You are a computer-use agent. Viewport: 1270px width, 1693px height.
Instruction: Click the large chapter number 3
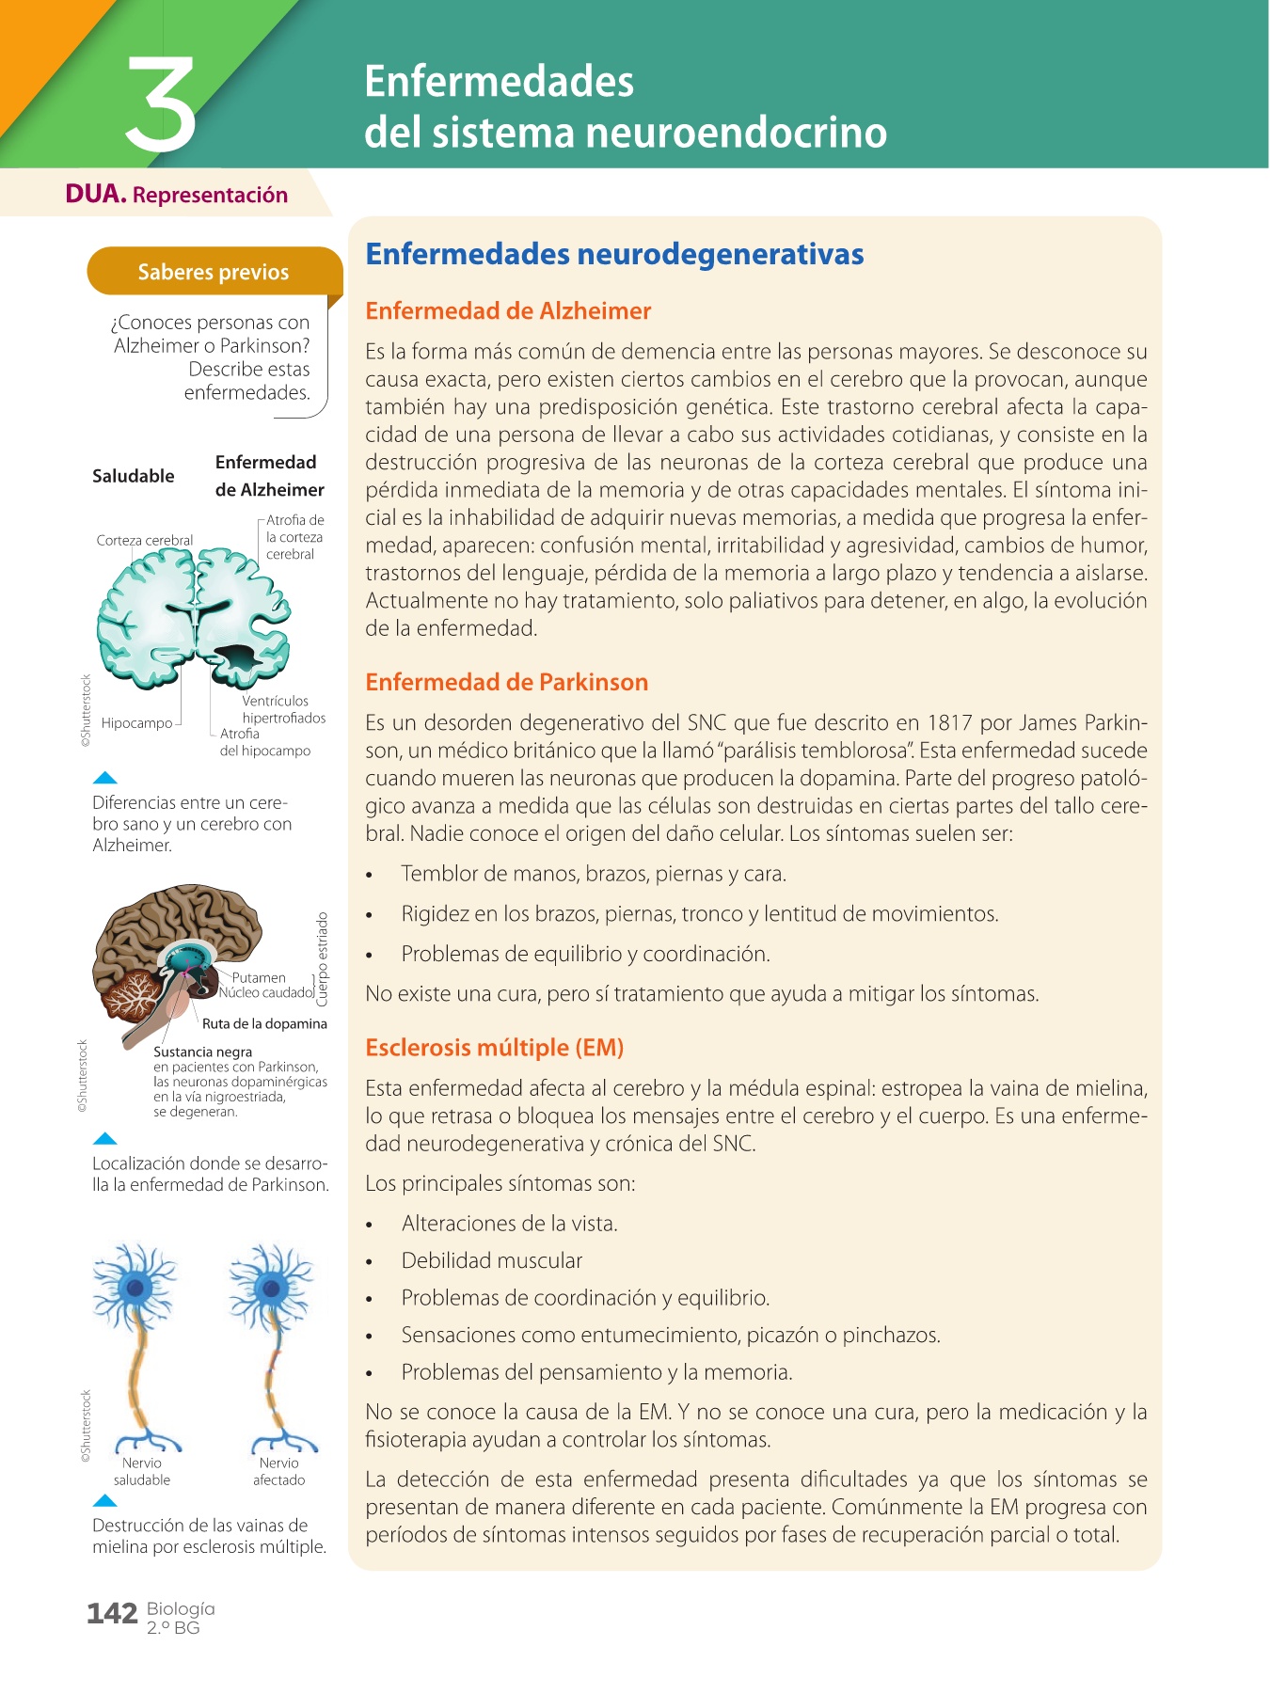[161, 104]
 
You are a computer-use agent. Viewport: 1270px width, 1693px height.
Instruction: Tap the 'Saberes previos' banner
[214, 272]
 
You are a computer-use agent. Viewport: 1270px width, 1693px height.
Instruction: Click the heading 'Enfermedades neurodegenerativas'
[614, 254]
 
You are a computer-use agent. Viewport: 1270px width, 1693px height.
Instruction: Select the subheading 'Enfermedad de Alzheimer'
[508, 311]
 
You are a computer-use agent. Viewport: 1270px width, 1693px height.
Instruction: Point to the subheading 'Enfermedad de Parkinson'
[506, 682]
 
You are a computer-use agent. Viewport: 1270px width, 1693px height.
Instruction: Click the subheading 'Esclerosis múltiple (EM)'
[494, 1048]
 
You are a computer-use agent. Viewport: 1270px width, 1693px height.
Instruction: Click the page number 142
[112, 1614]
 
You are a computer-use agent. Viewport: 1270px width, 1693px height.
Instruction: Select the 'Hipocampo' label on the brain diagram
[137, 723]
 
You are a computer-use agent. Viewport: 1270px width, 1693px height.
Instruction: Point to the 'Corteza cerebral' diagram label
[144, 541]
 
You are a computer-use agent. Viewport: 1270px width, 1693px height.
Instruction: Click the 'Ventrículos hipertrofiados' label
[283, 709]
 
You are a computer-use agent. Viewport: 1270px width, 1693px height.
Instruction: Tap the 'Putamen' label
[259, 977]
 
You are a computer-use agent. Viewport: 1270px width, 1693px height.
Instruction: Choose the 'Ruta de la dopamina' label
[264, 1023]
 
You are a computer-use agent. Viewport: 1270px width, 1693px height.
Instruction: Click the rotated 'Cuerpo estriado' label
[323, 958]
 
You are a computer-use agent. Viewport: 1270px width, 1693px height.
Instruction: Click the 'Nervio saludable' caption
[142, 1471]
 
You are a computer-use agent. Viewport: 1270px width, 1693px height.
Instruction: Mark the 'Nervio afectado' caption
[279, 1471]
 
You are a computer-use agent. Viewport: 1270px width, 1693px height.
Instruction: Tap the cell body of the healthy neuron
[137, 1287]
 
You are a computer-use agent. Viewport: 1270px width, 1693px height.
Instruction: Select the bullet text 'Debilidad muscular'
[491, 1261]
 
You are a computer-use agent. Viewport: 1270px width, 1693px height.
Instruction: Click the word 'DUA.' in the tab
[96, 195]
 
